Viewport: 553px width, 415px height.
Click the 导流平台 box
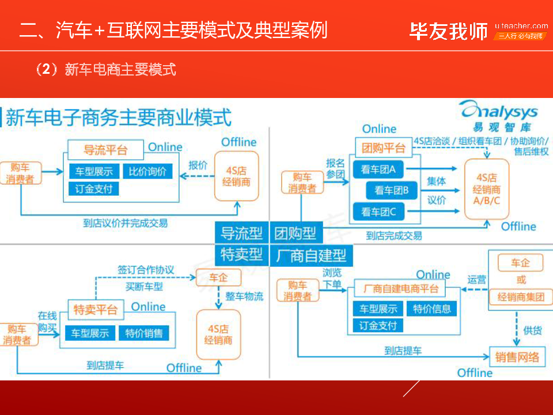point(105,150)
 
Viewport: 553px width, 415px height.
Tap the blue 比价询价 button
point(147,172)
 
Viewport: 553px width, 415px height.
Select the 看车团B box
point(391,191)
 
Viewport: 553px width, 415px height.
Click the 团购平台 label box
point(384,148)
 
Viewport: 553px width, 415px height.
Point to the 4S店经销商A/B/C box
point(487,189)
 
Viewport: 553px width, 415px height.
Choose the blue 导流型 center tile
point(241,233)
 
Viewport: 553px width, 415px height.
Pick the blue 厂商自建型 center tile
point(311,255)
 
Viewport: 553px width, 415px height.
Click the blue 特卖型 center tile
point(241,255)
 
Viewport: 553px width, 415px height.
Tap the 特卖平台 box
point(96,310)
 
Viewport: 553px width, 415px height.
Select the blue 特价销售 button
point(144,333)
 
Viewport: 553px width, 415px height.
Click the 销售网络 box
point(517,357)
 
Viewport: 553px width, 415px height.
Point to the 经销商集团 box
point(521,297)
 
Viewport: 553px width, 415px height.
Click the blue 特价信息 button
point(432,309)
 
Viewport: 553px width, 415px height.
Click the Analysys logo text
point(499,111)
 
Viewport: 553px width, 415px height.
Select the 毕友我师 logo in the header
point(449,31)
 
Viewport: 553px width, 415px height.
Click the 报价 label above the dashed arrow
point(198,165)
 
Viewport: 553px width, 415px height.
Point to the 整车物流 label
point(244,296)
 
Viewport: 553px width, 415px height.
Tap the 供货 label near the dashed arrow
point(532,331)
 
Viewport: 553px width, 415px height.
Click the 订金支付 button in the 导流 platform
point(94,189)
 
